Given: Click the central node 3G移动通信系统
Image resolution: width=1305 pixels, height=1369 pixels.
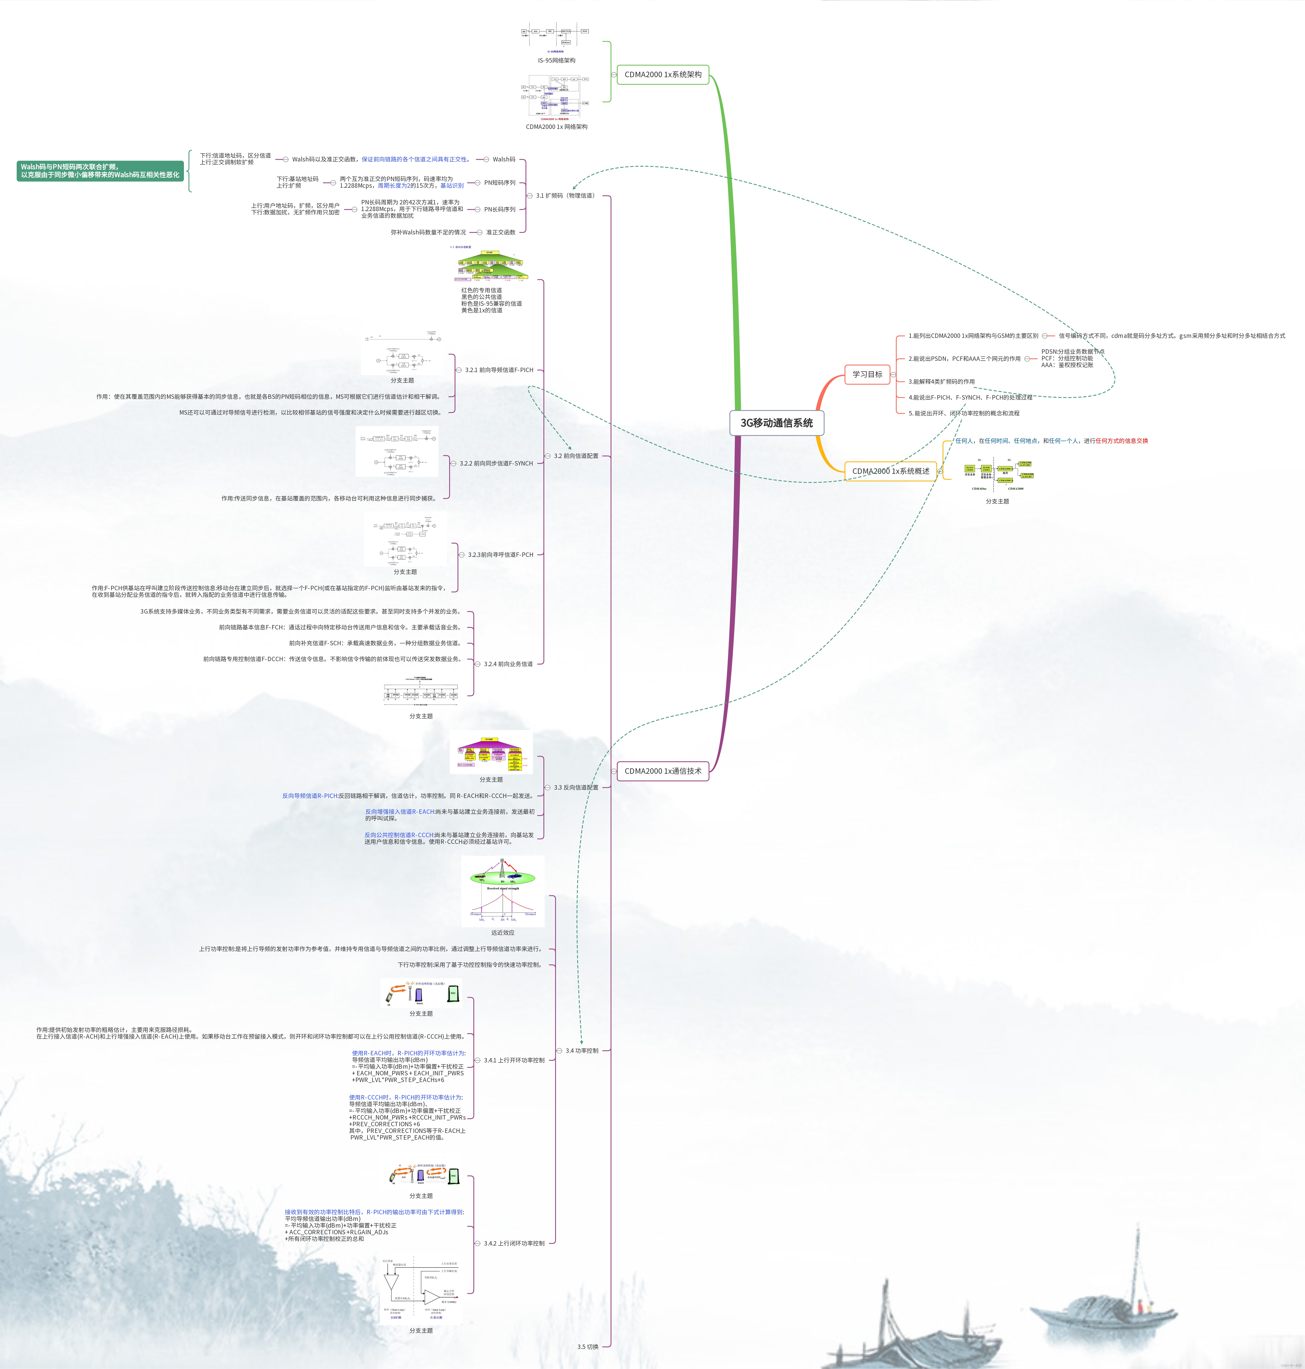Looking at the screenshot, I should [x=776, y=423].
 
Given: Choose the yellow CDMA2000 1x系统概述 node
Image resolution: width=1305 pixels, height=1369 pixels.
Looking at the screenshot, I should [x=890, y=471].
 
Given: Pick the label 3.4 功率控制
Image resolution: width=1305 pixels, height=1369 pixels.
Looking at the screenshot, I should [x=582, y=1050].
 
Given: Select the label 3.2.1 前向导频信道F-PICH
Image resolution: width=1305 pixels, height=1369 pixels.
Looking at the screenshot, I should [x=499, y=370].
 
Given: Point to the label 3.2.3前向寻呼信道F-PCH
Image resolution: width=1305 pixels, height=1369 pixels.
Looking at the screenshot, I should [x=500, y=554].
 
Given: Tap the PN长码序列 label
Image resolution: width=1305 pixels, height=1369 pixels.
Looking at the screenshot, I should [x=499, y=209].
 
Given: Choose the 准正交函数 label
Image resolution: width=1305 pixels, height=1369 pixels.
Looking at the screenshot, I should [x=500, y=232].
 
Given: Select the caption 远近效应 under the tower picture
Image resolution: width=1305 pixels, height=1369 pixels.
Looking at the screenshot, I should [x=502, y=933].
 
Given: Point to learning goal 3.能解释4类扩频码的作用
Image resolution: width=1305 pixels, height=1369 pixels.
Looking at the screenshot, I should [x=941, y=382].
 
